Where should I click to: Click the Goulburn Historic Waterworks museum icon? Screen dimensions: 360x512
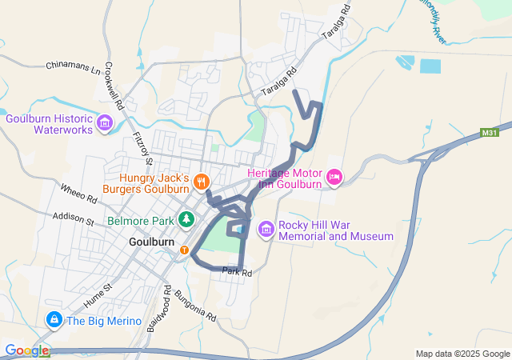(104, 123)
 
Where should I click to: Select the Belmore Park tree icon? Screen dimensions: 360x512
(186, 218)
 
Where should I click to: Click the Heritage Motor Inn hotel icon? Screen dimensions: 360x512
(334, 176)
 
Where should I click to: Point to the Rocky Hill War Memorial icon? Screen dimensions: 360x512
(266, 230)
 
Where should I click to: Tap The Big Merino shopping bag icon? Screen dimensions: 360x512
(54, 321)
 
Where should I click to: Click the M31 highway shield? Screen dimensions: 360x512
(490, 133)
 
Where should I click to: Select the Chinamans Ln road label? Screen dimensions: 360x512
(74, 65)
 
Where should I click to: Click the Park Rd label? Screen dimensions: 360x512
(238, 273)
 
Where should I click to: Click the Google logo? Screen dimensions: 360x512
(26, 350)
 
